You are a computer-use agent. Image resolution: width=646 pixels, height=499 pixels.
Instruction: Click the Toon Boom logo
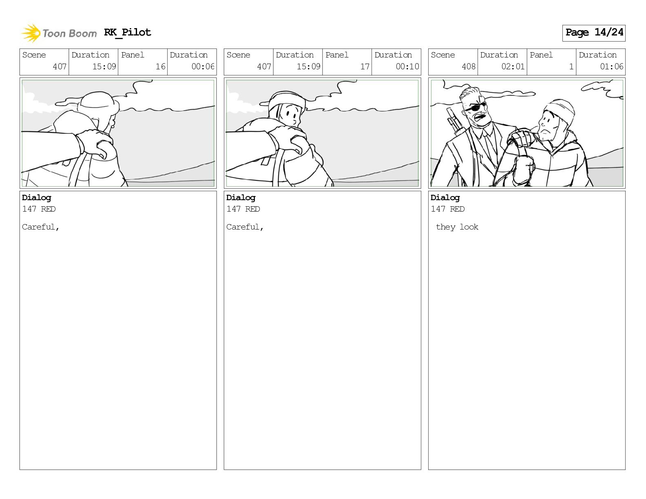(x=59, y=33)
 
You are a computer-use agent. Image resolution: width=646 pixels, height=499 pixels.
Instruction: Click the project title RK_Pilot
(x=128, y=32)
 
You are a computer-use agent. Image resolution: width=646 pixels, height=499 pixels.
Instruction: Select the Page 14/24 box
(x=594, y=33)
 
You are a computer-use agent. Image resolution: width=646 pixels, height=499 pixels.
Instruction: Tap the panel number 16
(x=161, y=66)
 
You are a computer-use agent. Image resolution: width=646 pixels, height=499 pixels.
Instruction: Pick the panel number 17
(x=365, y=66)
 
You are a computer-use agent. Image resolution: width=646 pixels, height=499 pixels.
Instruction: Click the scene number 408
(x=469, y=66)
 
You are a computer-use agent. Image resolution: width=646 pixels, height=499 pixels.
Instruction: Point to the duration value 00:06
(x=203, y=66)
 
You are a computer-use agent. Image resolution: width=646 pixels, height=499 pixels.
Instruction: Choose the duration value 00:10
(x=407, y=66)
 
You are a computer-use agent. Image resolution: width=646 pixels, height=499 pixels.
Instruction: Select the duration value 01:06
(x=611, y=66)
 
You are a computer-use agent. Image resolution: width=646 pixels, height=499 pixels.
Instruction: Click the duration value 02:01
(x=513, y=66)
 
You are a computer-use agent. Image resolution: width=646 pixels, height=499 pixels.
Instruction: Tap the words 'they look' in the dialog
(x=457, y=227)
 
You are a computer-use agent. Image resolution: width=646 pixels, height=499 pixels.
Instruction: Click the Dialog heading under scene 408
(x=445, y=198)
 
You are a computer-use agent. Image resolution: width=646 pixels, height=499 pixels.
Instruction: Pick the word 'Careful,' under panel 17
(x=245, y=227)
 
